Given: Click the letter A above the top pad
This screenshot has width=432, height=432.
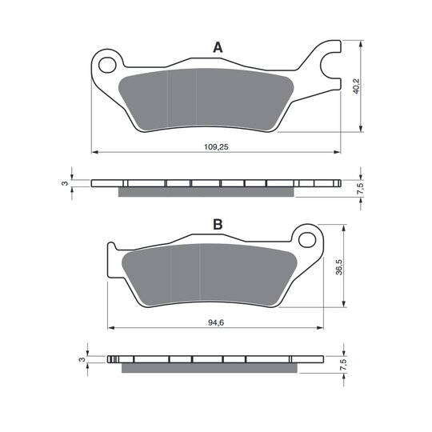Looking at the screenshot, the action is click(x=218, y=48).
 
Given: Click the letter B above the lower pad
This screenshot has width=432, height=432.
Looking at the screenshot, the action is click(x=218, y=225).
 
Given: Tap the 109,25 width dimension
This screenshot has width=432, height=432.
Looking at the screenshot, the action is click(x=216, y=147).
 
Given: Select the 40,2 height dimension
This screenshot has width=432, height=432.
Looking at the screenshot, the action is click(x=356, y=86).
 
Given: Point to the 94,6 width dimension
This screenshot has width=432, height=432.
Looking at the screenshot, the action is click(x=216, y=322).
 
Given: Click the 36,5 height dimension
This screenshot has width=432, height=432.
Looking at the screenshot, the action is click(x=339, y=266).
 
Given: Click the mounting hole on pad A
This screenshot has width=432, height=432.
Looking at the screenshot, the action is click(x=107, y=65).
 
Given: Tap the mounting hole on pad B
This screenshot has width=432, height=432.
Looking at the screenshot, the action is click(x=307, y=240).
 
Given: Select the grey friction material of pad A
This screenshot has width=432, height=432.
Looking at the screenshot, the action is click(x=206, y=99).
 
